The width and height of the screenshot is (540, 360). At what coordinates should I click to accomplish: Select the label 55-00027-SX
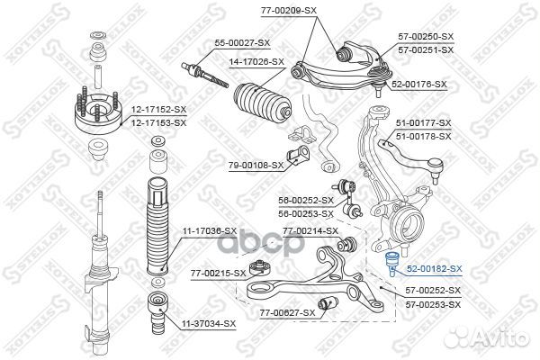(x=241, y=43)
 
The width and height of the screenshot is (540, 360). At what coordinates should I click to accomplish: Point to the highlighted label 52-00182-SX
(x=434, y=269)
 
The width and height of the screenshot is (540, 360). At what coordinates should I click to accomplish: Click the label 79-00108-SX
(x=256, y=165)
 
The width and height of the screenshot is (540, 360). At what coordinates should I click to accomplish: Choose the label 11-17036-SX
(x=211, y=231)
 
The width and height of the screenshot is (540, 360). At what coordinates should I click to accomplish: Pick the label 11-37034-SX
(x=211, y=323)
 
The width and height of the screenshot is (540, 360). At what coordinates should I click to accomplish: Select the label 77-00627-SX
(x=288, y=312)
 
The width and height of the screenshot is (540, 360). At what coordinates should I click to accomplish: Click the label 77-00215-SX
(x=218, y=271)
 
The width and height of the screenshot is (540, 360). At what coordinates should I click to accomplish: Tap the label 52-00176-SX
(x=419, y=84)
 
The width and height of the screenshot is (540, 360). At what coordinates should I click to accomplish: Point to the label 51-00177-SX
(x=424, y=121)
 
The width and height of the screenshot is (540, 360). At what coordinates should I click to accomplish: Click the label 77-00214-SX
(x=310, y=231)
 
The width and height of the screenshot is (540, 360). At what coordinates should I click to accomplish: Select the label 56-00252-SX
(x=306, y=201)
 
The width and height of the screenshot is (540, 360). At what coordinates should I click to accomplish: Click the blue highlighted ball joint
(x=391, y=265)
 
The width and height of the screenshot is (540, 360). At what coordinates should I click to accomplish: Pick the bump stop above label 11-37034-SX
(x=159, y=307)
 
